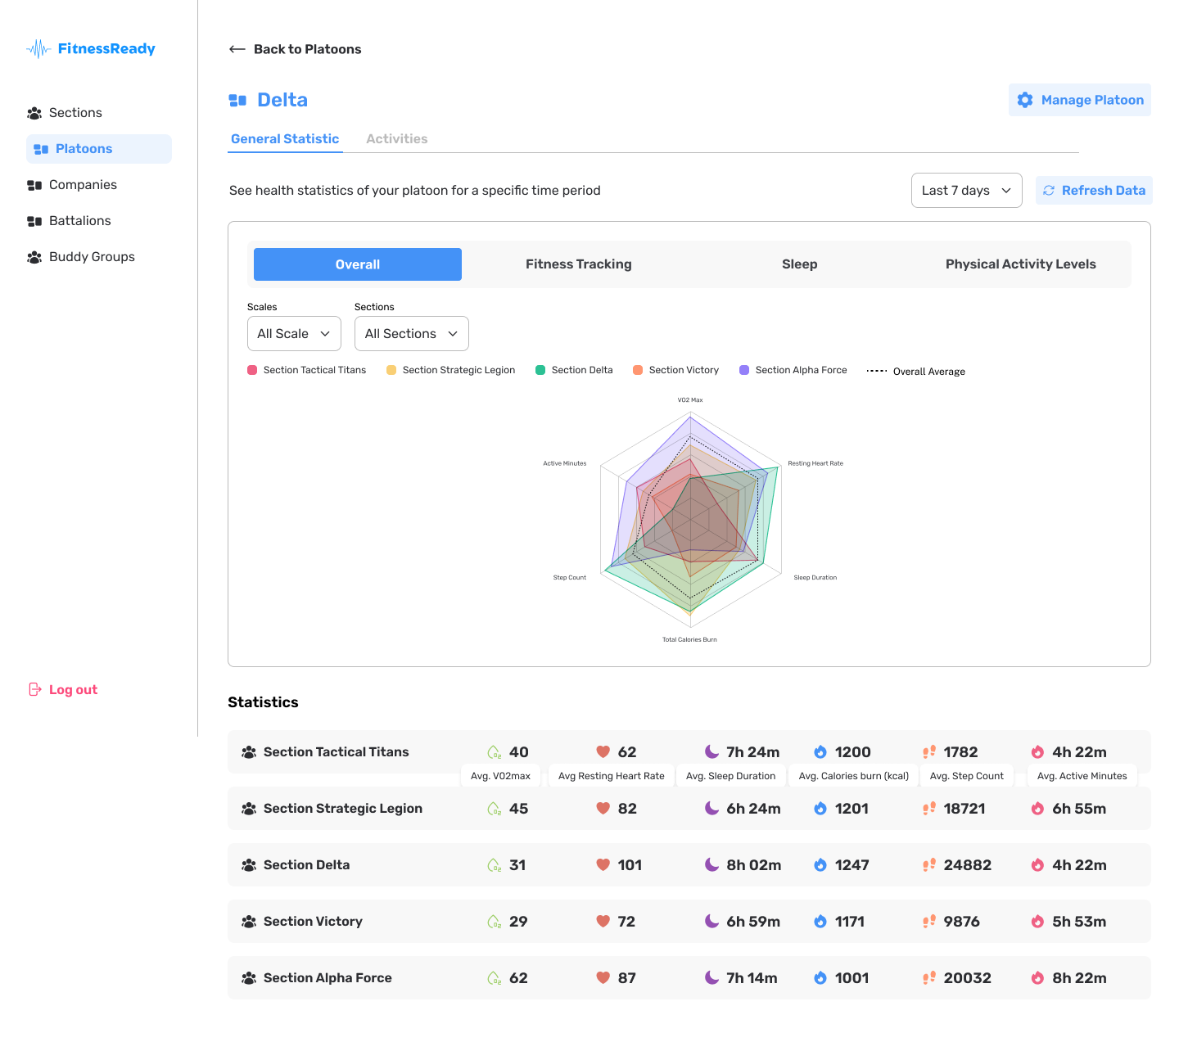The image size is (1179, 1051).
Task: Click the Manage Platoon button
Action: pos(1079,100)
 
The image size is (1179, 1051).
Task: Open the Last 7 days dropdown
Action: pos(966,190)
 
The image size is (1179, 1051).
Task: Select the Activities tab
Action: pos(396,138)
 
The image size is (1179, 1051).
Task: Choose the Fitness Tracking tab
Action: pos(578,264)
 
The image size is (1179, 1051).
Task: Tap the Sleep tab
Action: pos(799,264)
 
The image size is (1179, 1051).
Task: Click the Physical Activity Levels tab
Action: pos(1020,264)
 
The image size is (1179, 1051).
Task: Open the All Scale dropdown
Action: pos(294,333)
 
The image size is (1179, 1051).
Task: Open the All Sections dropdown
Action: pos(412,333)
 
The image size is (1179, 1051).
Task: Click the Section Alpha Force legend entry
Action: pos(793,370)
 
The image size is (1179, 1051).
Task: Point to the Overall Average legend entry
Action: pos(915,372)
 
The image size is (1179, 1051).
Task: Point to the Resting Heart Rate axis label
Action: pos(815,463)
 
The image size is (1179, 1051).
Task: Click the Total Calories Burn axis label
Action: pos(689,639)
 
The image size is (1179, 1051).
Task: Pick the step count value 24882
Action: pos(967,864)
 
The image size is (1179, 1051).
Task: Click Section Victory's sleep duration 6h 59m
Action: pos(753,921)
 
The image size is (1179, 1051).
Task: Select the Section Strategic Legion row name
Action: pos(343,809)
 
